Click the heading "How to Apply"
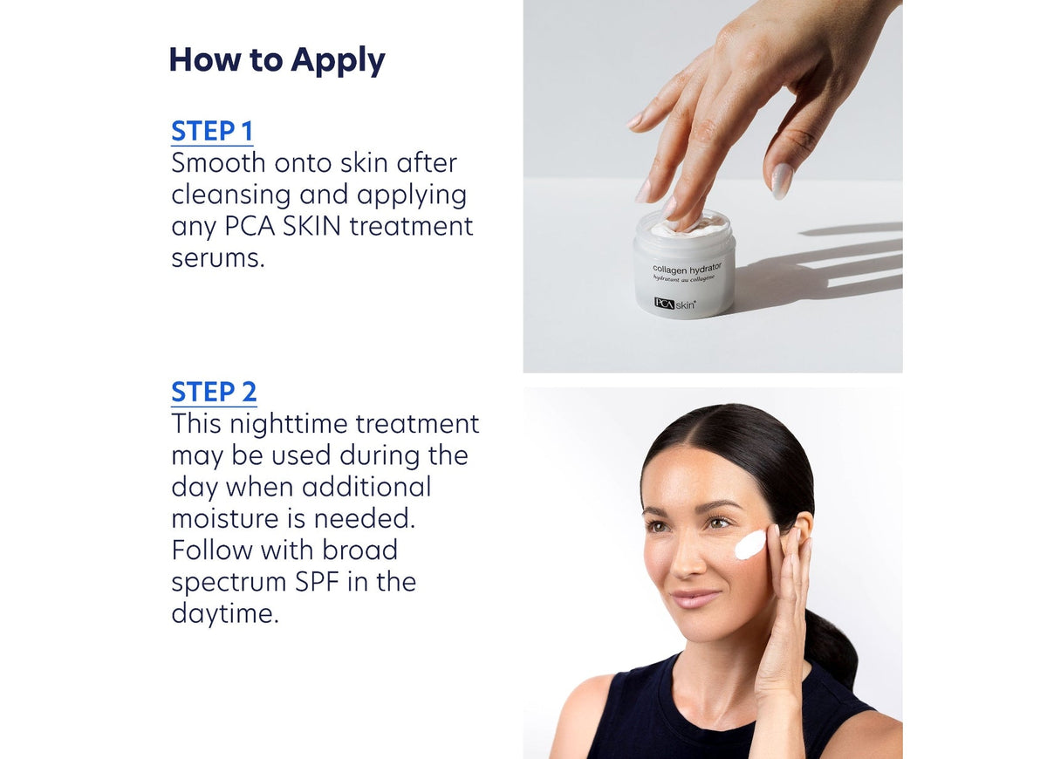click(x=277, y=60)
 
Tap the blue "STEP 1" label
click(x=212, y=131)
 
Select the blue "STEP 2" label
click(x=214, y=392)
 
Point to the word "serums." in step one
click(x=217, y=258)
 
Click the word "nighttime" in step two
click(x=277, y=424)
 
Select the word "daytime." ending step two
click(x=225, y=613)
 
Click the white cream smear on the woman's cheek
click(x=749, y=544)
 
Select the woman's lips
click(x=695, y=598)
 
